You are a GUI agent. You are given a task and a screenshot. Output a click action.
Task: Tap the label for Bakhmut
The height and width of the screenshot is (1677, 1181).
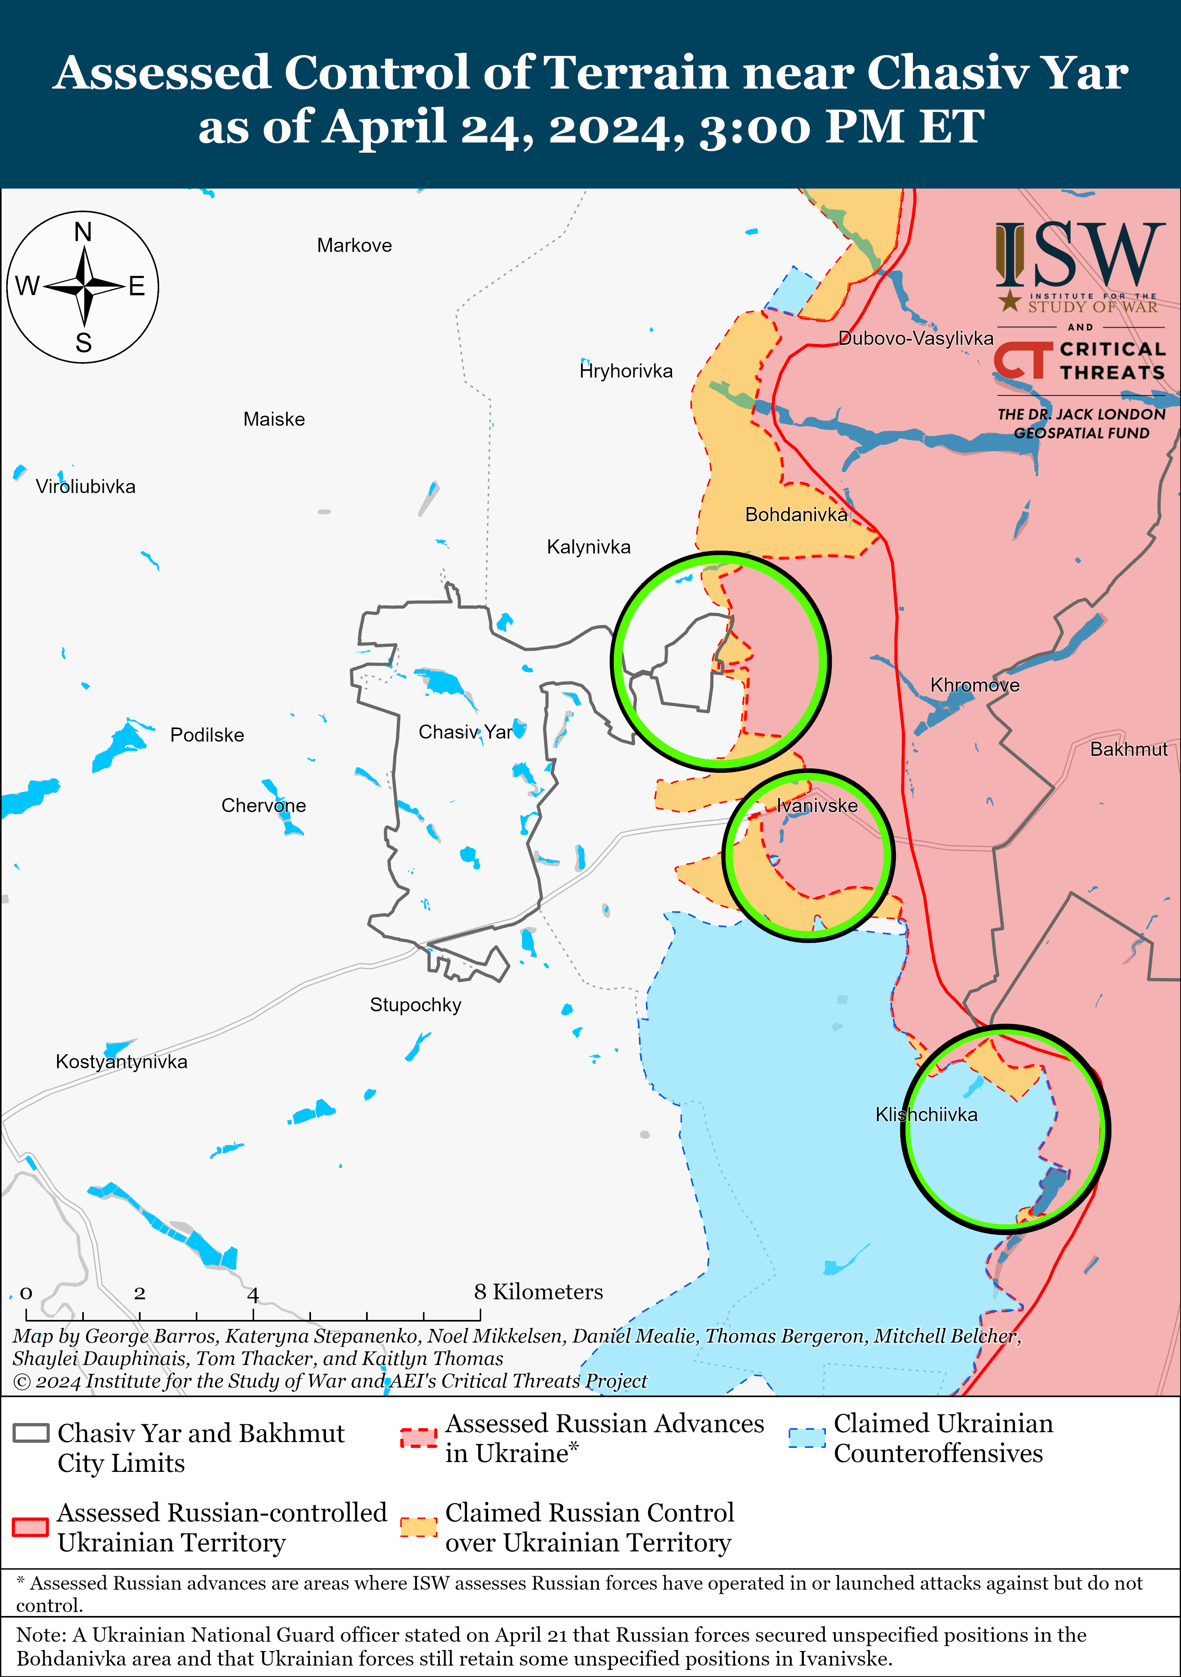1128,750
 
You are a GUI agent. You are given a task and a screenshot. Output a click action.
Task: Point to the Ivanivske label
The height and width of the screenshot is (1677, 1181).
816,806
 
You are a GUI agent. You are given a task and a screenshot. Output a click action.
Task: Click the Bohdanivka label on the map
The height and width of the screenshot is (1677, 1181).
795,515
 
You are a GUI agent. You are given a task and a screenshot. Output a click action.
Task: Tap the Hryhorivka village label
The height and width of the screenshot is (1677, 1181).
626,371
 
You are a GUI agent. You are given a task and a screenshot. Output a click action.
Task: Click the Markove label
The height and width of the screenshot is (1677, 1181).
354,245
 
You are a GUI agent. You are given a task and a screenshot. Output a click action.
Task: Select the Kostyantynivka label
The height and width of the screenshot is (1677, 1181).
121,1062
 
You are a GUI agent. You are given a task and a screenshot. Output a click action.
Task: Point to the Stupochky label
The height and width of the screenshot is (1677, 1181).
416,1005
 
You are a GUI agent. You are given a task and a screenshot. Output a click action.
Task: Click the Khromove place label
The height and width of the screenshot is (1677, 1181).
974,685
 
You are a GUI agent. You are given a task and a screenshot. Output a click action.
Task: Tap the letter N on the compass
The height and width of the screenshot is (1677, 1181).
83,232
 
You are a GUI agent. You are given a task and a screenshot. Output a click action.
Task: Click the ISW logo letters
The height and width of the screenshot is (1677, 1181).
1079,255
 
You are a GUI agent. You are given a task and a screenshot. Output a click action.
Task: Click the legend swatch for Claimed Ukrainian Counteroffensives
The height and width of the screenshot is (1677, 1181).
807,1437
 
